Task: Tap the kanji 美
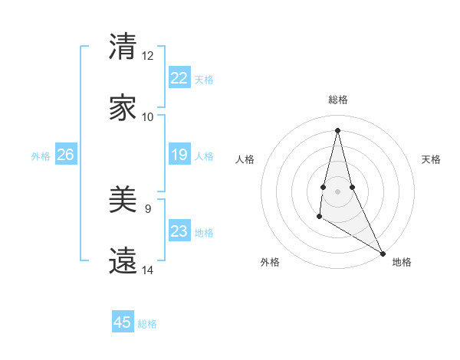pyautogui.click(x=123, y=201)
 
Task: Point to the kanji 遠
pyautogui.click(x=123, y=261)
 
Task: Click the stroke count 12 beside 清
pyautogui.click(x=148, y=56)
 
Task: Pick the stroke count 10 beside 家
pyautogui.click(x=148, y=117)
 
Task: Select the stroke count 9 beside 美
pyautogui.click(x=148, y=208)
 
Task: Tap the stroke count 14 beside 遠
pyautogui.click(x=148, y=270)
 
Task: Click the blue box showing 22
pyautogui.click(x=179, y=78)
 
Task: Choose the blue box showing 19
pyautogui.click(x=179, y=155)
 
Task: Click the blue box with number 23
pyautogui.click(x=179, y=231)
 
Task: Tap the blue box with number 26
pyautogui.click(x=65, y=155)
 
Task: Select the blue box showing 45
pyautogui.click(x=123, y=322)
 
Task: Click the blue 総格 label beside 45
pyautogui.click(x=147, y=324)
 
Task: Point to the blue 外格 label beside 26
pyautogui.click(x=41, y=156)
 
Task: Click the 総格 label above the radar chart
pyautogui.click(x=338, y=100)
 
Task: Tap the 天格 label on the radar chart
pyautogui.click(x=431, y=159)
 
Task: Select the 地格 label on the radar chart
pyautogui.click(x=402, y=262)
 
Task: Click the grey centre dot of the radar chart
pyautogui.click(x=338, y=191)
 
